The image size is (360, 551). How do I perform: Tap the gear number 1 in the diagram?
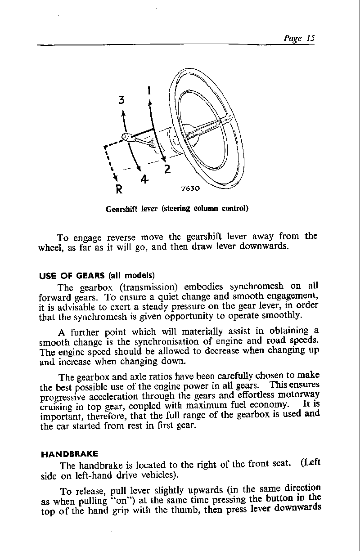[x=149, y=90]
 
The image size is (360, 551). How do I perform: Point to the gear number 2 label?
[x=167, y=169]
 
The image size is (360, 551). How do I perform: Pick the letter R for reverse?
[x=119, y=188]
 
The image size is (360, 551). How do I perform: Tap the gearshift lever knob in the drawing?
[x=126, y=137]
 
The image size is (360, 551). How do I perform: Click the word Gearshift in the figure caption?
[x=121, y=209]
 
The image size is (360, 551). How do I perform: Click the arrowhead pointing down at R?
[x=116, y=176]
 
